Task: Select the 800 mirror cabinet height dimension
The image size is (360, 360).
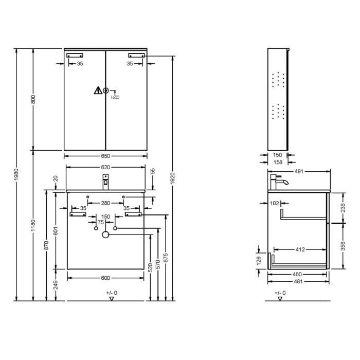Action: (33, 100)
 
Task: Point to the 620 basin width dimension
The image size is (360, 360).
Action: (105, 167)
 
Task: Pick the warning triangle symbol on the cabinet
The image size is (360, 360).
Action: (97, 91)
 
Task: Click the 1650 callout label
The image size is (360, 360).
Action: (115, 97)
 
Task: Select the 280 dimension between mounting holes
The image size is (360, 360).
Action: (105, 203)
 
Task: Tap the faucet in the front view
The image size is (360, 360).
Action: (105, 181)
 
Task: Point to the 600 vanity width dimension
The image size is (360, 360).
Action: (105, 278)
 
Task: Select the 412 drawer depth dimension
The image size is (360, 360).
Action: (300, 249)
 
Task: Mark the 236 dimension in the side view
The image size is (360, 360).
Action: (342, 207)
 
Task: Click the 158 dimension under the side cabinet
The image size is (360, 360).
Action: (278, 163)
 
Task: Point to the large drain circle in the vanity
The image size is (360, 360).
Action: (105, 235)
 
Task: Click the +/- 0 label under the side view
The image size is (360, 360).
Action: (279, 293)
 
